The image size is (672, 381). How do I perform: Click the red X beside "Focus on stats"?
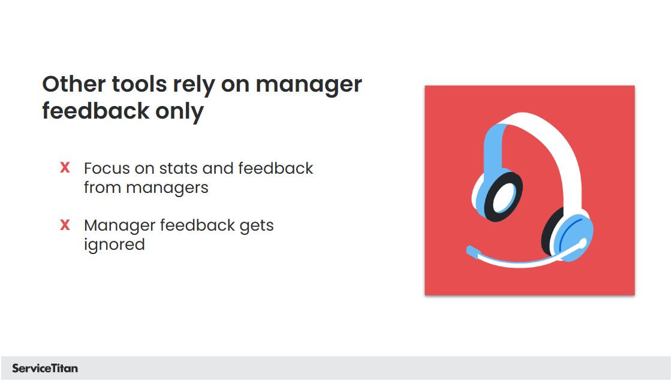click(x=65, y=168)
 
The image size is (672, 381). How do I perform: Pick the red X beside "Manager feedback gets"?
click(x=65, y=226)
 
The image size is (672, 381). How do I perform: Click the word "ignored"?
click(x=114, y=245)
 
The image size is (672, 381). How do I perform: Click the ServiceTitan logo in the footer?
click(x=45, y=368)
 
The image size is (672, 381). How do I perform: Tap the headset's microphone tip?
click(x=471, y=250)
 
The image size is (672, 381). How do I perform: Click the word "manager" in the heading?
click(x=309, y=84)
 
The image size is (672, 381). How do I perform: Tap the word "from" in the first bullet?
click(x=103, y=188)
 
